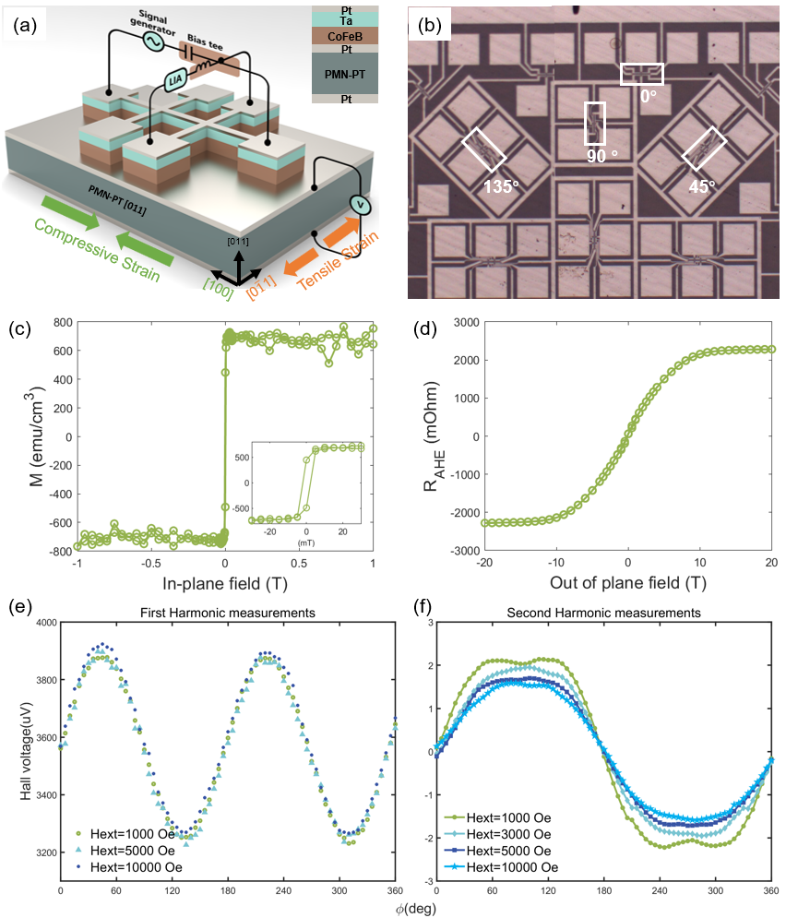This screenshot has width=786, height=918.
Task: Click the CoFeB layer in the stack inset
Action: pyautogui.click(x=346, y=36)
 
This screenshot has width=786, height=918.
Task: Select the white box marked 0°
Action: pyautogui.click(x=641, y=74)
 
